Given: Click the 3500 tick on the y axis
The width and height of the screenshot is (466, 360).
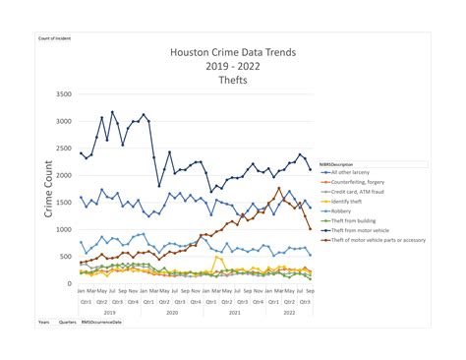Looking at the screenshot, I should tap(63, 94).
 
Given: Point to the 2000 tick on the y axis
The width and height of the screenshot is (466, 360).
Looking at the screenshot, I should tap(63, 176).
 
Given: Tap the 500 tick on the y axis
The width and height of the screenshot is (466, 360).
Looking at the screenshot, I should tap(65, 257).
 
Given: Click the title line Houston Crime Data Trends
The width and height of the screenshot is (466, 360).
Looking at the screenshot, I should tap(231, 54).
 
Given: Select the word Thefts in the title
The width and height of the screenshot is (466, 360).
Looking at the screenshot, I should tap(232, 81).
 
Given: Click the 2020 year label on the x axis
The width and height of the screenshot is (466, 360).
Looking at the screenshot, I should tap(171, 312).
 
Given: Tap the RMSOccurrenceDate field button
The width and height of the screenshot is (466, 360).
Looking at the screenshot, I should tap(103, 322).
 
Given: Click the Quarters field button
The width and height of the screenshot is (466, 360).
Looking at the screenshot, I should tap(69, 322).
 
